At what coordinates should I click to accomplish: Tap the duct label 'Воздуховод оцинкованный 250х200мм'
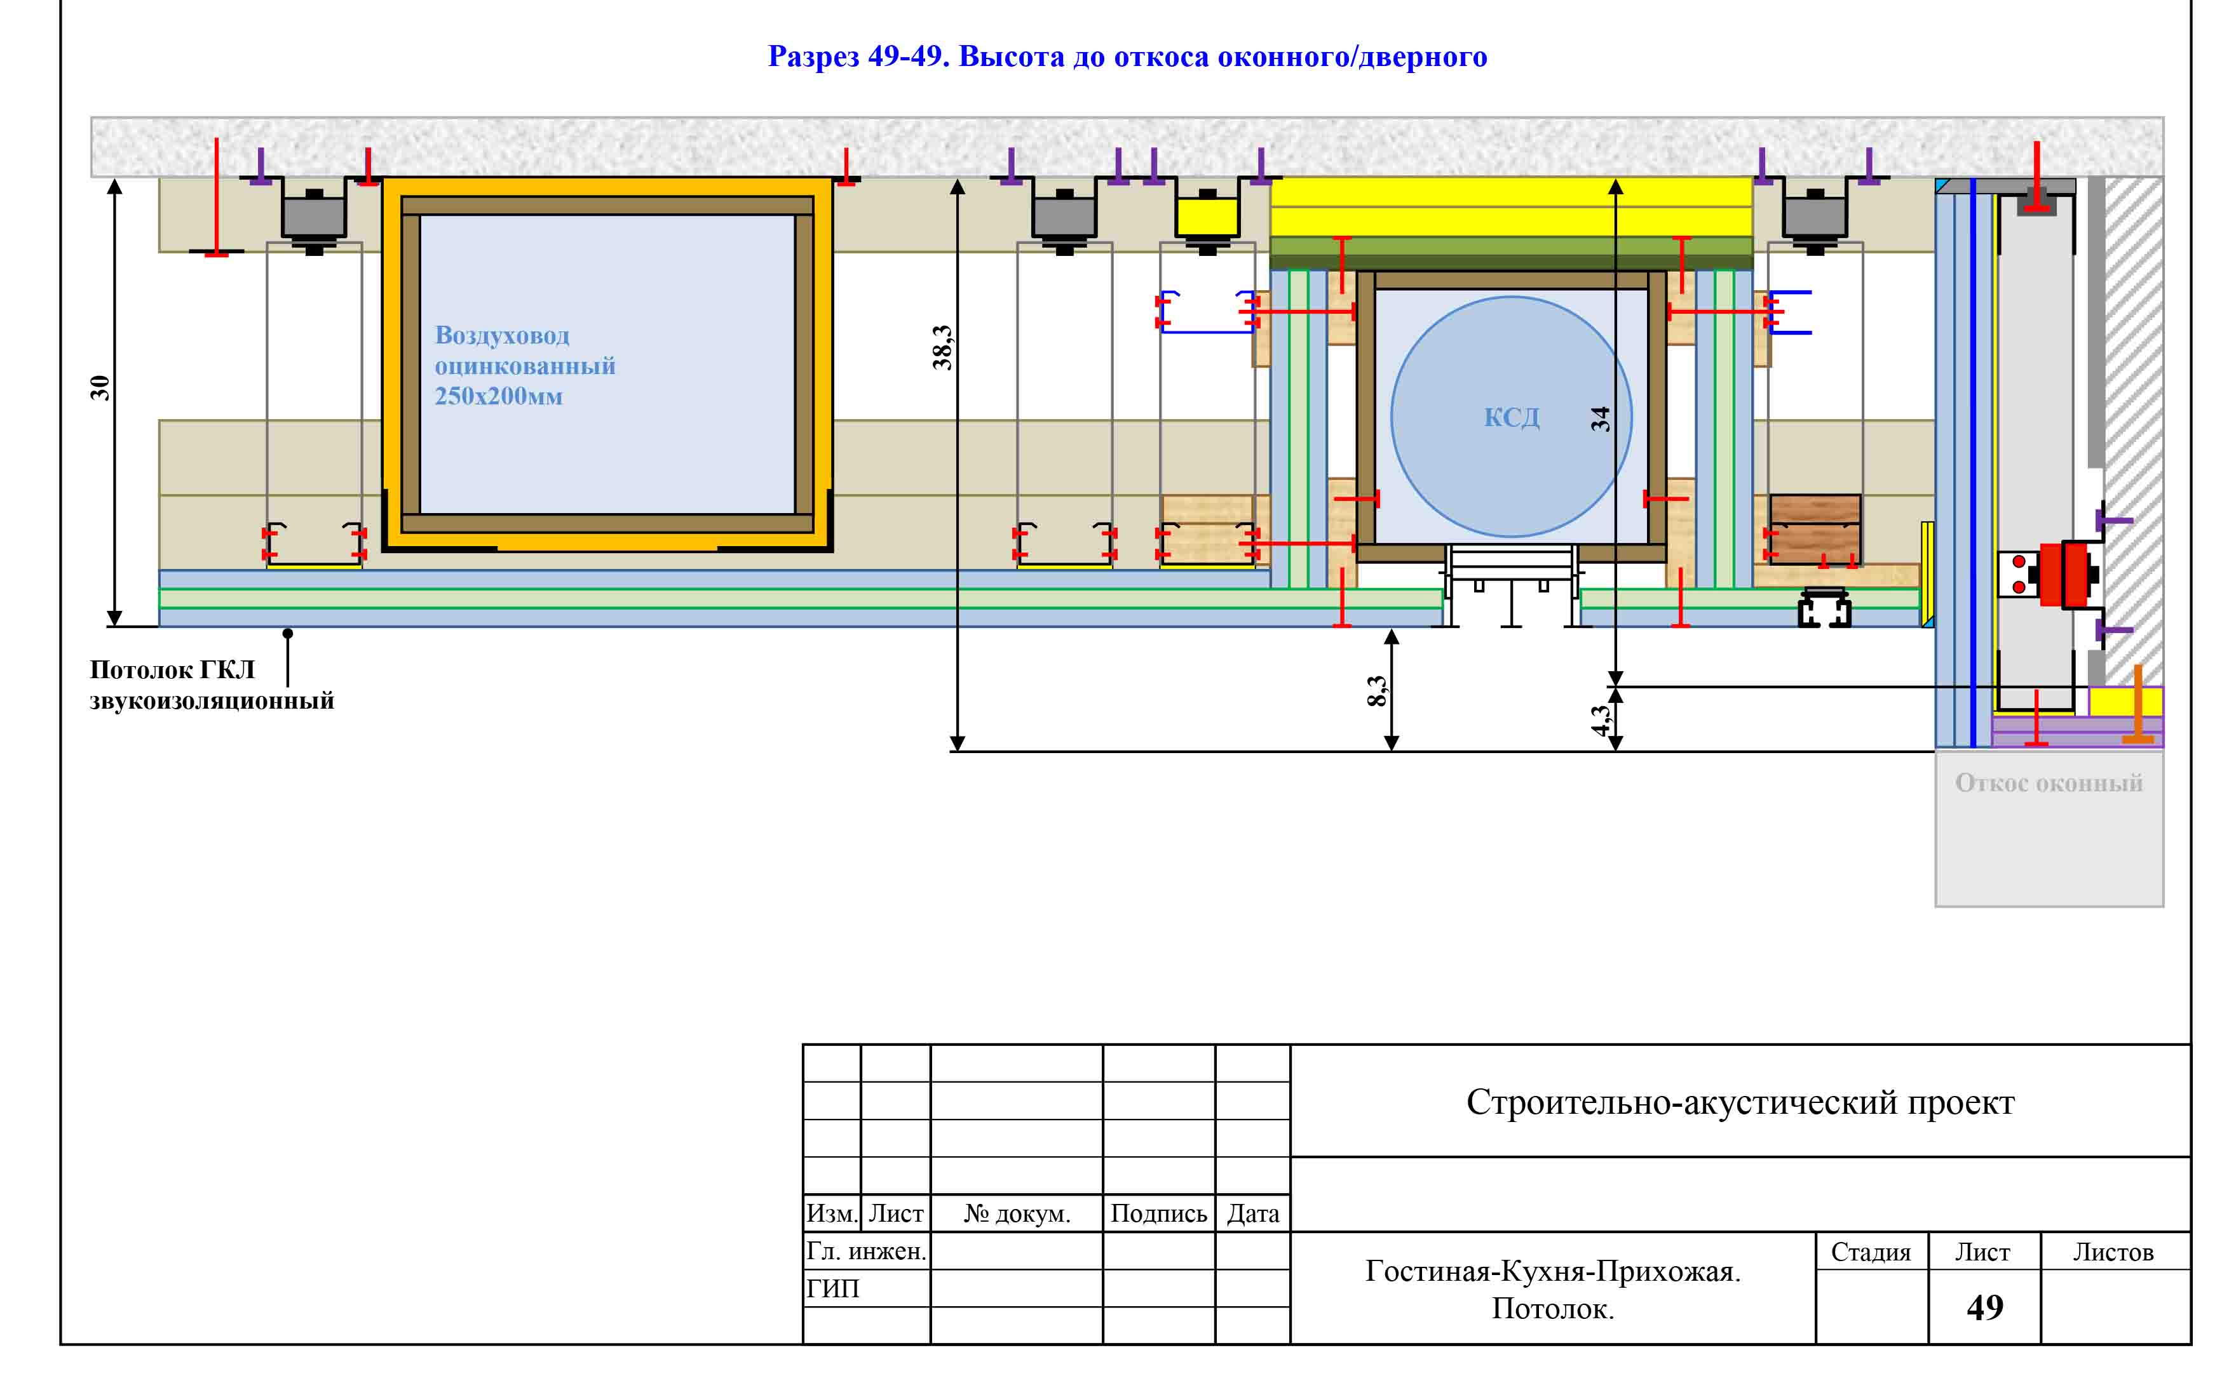[524, 365]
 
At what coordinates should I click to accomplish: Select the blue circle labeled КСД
[1511, 416]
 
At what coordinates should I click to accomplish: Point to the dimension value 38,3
[942, 347]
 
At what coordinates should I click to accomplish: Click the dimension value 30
[99, 388]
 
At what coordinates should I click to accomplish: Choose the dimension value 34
[1599, 420]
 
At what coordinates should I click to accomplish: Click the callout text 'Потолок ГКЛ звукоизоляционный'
[212, 685]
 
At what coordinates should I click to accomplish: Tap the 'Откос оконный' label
[2049, 783]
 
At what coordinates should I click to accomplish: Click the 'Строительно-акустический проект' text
[1740, 1102]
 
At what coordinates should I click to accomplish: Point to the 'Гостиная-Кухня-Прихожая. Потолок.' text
[1553, 1290]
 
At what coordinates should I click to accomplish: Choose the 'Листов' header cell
[2114, 1252]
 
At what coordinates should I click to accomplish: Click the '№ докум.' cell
[1017, 1214]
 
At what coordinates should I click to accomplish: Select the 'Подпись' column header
[1158, 1214]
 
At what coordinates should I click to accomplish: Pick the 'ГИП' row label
[832, 1289]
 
